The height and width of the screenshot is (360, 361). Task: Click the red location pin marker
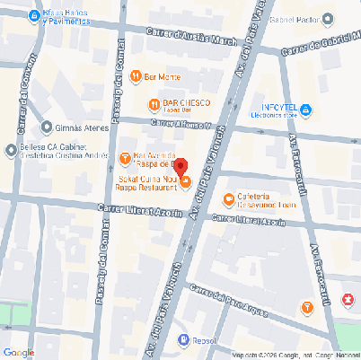[x=180, y=167]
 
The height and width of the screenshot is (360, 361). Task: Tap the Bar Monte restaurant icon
[x=135, y=77]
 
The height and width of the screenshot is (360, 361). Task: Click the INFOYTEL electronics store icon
[x=305, y=110]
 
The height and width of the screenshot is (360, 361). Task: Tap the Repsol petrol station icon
[x=183, y=340]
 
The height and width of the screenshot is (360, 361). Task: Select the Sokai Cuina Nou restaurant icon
[x=186, y=183]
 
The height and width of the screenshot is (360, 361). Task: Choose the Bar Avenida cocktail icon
[x=125, y=159]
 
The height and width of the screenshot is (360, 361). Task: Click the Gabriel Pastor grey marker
[x=327, y=19]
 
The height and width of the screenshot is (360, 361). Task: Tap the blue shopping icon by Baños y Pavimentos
[x=33, y=16]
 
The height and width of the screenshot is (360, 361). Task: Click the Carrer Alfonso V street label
[x=180, y=125]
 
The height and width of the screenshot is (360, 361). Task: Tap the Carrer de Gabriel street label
[x=319, y=47]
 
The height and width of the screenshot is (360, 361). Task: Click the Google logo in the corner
[x=19, y=352]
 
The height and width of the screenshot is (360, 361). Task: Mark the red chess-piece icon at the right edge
[x=348, y=299]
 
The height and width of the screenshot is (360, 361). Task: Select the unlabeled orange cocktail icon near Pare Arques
[x=308, y=308]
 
